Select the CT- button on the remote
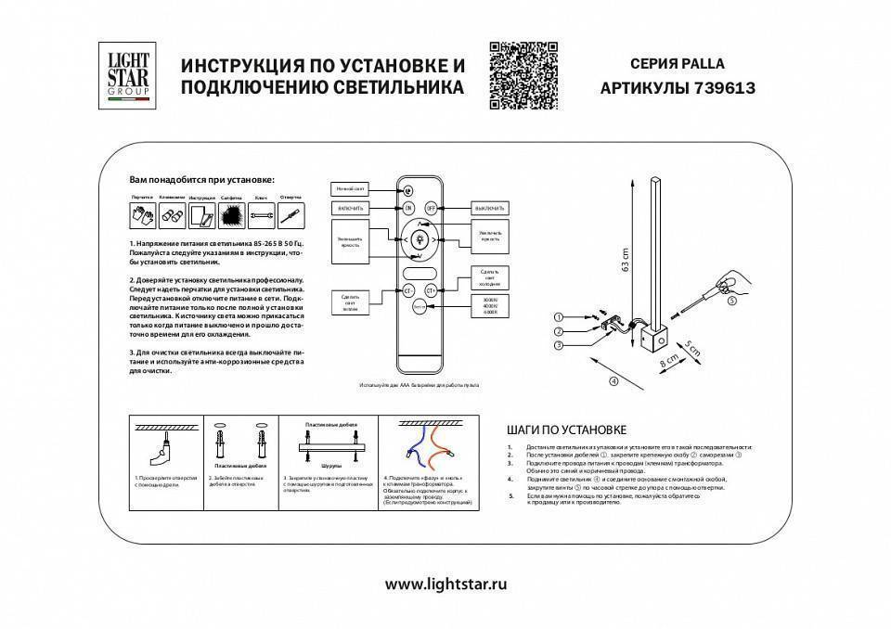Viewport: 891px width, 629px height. point(408,290)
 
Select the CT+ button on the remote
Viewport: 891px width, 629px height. point(443,290)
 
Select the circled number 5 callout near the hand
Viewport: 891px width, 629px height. point(731,301)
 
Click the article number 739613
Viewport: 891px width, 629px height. point(721,88)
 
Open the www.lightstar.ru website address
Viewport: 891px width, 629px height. point(445,584)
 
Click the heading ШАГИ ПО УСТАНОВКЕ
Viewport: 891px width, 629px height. point(567,430)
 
